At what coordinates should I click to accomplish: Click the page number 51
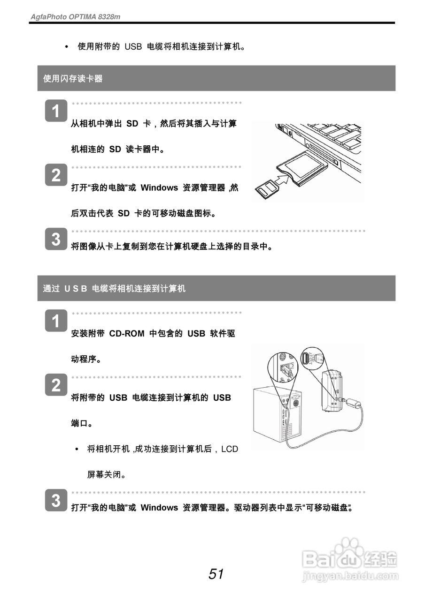(216, 574)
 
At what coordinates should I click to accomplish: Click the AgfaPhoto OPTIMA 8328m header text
(75, 16)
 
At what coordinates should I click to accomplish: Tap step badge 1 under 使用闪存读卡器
(56, 112)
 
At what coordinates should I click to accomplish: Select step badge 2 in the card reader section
(56, 176)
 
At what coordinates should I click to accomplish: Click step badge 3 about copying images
(56, 240)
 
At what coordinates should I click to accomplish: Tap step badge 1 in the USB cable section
(56, 322)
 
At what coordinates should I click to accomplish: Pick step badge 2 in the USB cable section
(56, 385)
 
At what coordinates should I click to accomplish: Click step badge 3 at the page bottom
(56, 501)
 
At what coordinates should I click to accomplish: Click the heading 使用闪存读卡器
(73, 79)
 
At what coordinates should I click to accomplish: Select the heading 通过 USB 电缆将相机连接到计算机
(114, 289)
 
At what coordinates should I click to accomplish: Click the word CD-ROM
(127, 334)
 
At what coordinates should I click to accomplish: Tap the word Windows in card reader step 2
(159, 188)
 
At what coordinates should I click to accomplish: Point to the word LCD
(230, 449)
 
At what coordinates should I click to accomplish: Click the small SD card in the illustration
(266, 189)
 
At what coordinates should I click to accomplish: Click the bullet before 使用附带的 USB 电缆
(66, 47)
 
